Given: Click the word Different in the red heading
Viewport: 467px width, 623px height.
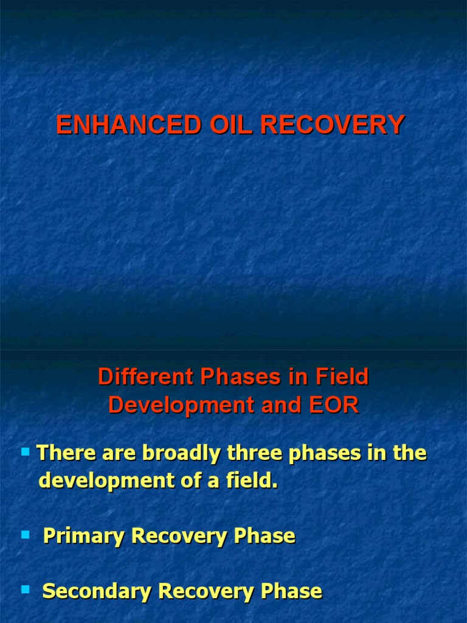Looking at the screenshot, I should point(142,377).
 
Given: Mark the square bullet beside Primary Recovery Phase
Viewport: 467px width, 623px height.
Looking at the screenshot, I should point(26,535).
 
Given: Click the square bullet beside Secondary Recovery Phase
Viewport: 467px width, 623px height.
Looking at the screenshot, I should point(26,589).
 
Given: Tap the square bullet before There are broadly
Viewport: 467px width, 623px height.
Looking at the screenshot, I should point(26,452).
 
